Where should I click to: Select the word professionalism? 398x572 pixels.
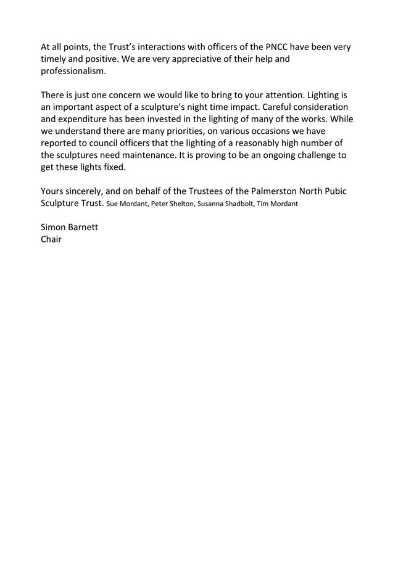[73, 71]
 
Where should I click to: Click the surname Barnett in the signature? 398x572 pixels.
[83, 227]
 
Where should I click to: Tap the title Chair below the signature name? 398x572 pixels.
[51, 239]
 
